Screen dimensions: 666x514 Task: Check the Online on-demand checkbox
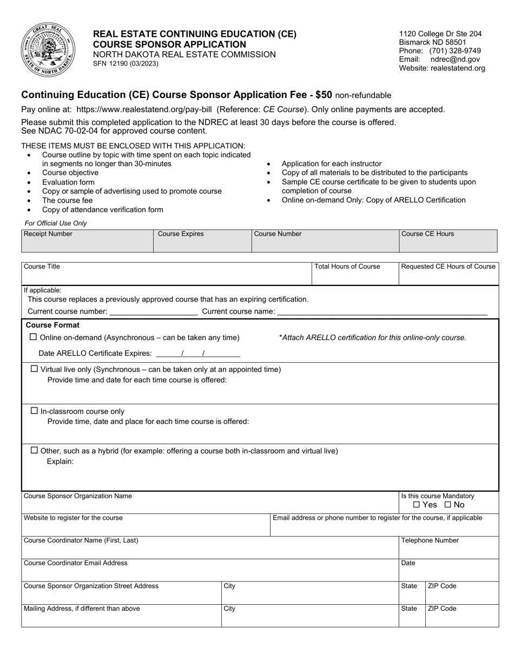[x=34, y=337]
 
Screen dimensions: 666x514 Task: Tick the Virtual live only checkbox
[x=35, y=369]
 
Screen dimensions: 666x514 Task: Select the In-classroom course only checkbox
[x=35, y=411]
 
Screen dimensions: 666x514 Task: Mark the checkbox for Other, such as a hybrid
[x=35, y=450]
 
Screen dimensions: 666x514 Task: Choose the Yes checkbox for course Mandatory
[x=416, y=505]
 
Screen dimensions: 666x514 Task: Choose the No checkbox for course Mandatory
[x=447, y=505]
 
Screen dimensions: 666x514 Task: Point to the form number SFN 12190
[x=126, y=63]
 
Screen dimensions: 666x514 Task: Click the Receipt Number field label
[x=48, y=234]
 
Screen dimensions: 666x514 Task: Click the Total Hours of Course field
[x=355, y=274]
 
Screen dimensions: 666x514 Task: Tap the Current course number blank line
[x=154, y=311]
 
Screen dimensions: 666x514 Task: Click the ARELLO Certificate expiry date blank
[x=197, y=354]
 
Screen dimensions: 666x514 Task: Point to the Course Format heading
[x=52, y=325]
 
